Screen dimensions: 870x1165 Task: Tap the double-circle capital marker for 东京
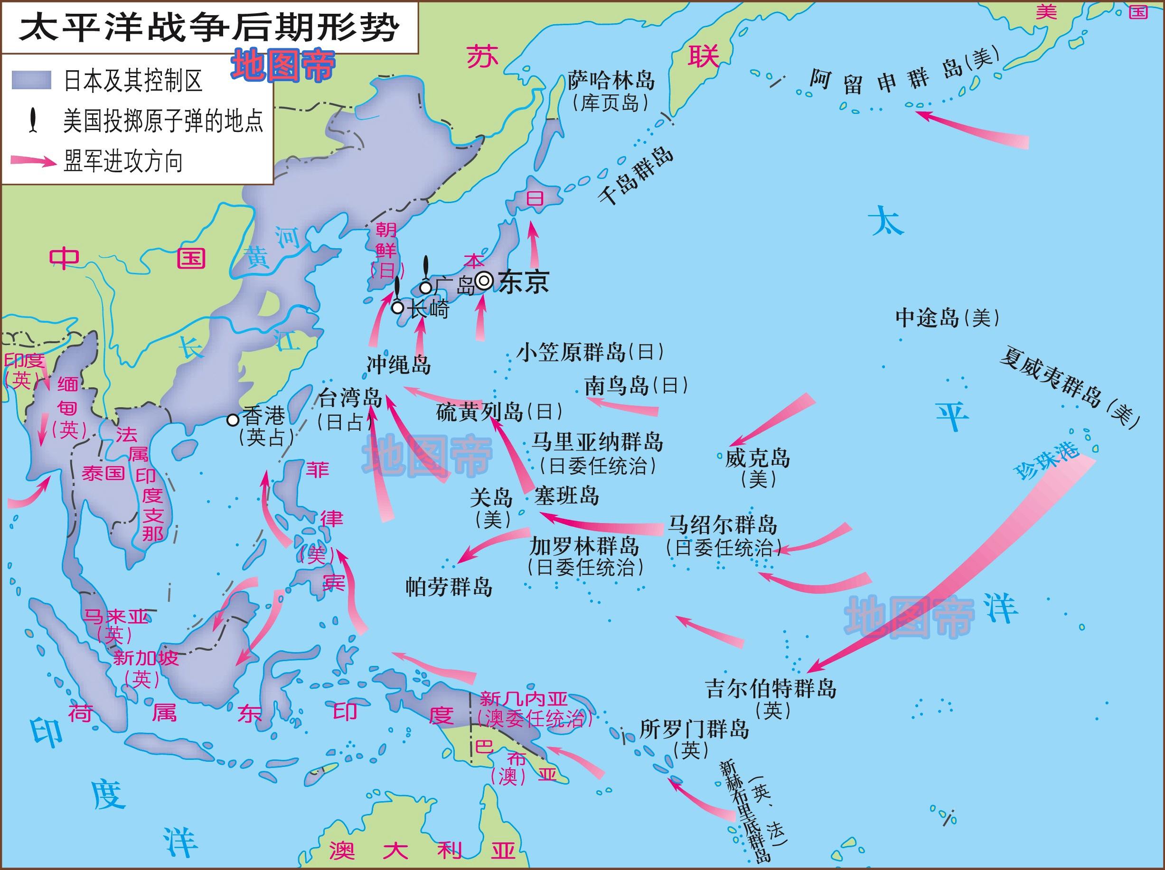pos(484,281)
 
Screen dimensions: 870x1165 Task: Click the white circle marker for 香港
pos(233,419)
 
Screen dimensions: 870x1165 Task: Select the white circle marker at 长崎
pos(398,308)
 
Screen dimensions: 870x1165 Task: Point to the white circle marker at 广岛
pos(425,288)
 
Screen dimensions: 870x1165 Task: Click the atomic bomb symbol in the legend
pos(33,121)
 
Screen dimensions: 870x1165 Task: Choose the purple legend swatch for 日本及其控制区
pos(32,81)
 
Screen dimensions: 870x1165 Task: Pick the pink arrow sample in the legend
pos(33,160)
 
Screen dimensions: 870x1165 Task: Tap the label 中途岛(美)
pos(947,318)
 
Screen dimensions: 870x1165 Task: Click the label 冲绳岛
pos(398,365)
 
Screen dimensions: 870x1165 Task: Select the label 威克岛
pos(757,458)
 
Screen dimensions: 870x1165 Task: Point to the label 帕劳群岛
pos(449,586)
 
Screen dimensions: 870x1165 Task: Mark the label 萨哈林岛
pos(611,81)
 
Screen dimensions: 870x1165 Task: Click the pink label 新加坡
pos(146,658)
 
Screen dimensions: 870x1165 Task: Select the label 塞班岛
pos(566,496)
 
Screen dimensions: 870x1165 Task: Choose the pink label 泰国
pos(103,473)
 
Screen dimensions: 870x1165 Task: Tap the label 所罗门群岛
pos(694,730)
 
